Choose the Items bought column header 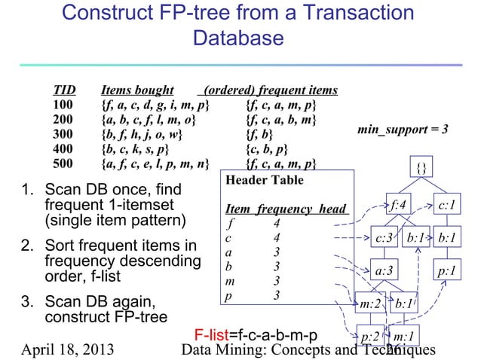click(138, 91)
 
